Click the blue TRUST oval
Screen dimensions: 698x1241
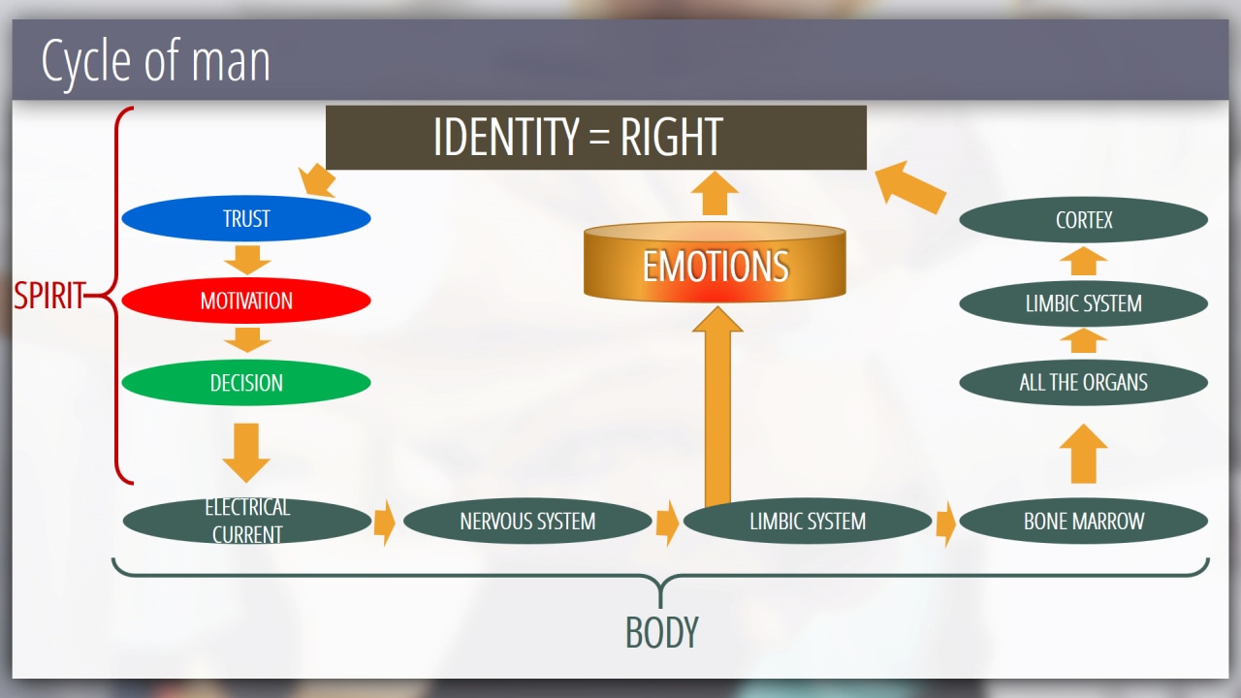pyautogui.click(x=246, y=219)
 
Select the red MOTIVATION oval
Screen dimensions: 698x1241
pyautogui.click(x=246, y=301)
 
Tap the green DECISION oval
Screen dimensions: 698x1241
pyautogui.click(x=246, y=383)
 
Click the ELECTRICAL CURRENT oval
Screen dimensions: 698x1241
pyautogui.click(x=246, y=522)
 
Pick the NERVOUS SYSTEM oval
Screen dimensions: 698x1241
pyautogui.click(x=527, y=522)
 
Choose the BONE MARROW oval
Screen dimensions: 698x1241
pyautogui.click(x=1083, y=522)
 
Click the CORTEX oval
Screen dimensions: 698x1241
pyautogui.click(x=1083, y=220)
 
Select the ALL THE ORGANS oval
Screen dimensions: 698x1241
pyautogui.click(x=1083, y=382)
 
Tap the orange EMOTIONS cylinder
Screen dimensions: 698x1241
pyautogui.click(x=715, y=264)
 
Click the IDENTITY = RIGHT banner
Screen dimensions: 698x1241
pyautogui.click(x=595, y=138)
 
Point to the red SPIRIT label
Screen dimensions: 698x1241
pyautogui.click(x=48, y=296)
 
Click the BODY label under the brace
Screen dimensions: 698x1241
pyautogui.click(x=661, y=633)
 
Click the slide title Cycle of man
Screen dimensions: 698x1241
pyautogui.click(x=155, y=61)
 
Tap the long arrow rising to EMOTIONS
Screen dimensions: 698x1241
pyautogui.click(x=717, y=407)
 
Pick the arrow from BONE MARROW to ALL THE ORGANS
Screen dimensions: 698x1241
pyautogui.click(x=1083, y=453)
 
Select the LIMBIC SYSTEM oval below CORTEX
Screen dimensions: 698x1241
pyautogui.click(x=1083, y=303)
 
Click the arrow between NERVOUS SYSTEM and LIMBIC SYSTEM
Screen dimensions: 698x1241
pyautogui.click(x=667, y=523)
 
